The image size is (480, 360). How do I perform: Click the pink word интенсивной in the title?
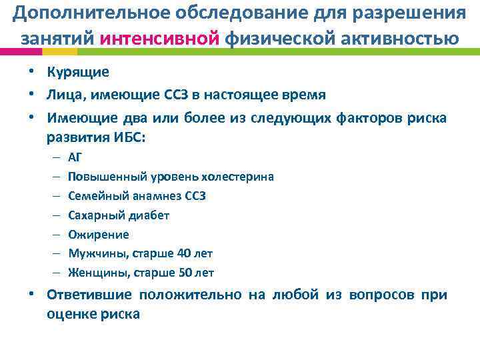tap(161, 38)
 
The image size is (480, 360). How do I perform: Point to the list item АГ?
tap(75, 157)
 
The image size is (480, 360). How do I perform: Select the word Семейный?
tap(94, 196)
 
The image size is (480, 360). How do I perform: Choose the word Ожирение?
tap(99, 235)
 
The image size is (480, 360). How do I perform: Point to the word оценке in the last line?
tap(70, 314)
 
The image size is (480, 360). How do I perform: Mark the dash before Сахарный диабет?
tap(54, 215)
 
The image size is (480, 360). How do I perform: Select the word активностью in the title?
tap(405, 38)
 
